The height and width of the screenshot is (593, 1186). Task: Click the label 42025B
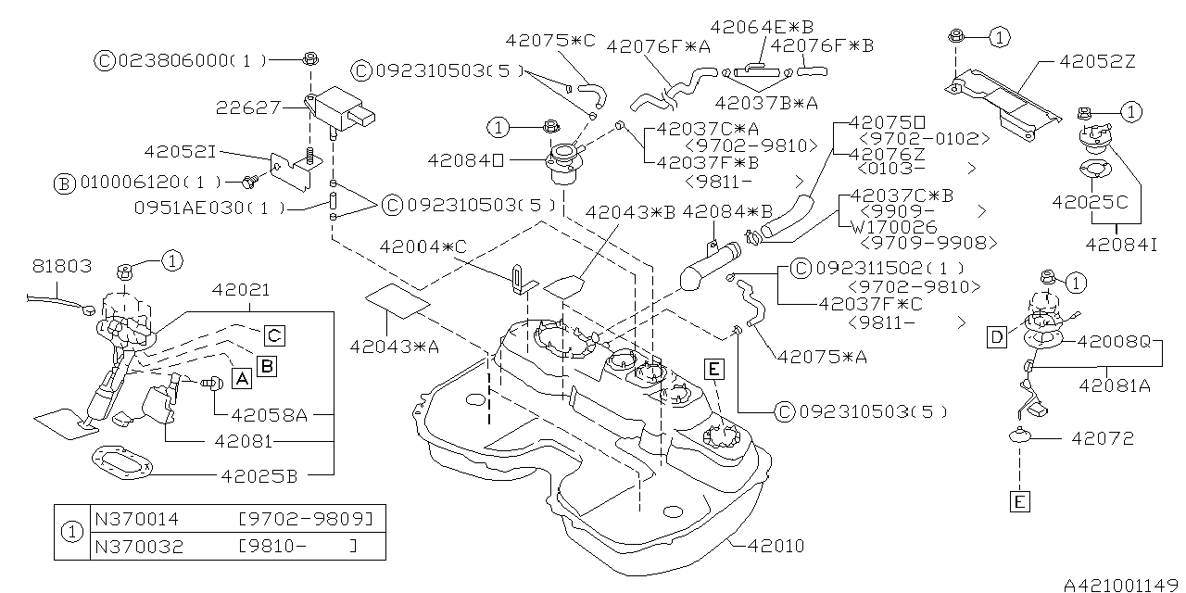tap(259, 476)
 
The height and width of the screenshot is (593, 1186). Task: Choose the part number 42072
tap(1102, 438)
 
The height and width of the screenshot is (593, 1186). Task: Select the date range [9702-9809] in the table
tap(305, 520)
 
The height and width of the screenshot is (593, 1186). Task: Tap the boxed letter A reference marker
tap(241, 378)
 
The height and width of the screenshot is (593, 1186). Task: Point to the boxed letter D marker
tap(996, 337)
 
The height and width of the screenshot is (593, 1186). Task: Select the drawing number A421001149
tap(1121, 584)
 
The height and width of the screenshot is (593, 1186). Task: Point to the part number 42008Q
tap(1113, 343)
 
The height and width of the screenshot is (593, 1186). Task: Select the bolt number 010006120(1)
tap(148, 183)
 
